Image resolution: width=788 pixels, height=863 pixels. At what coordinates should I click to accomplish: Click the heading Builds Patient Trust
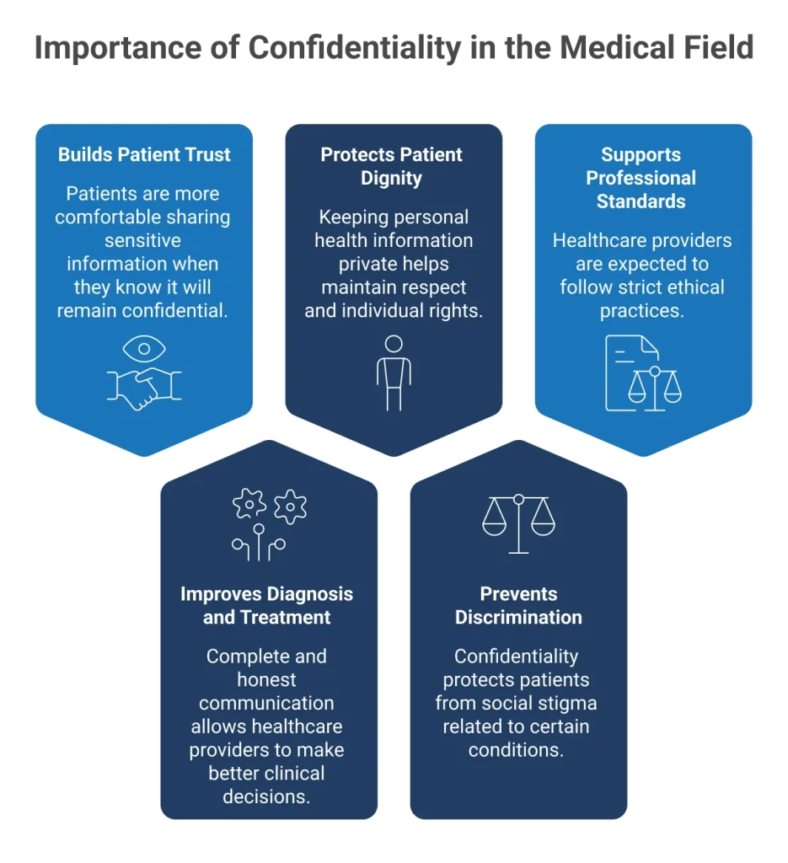click(x=144, y=155)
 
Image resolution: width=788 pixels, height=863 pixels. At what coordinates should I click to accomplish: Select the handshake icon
click(x=144, y=387)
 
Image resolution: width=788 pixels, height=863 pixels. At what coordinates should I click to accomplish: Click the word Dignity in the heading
click(x=391, y=179)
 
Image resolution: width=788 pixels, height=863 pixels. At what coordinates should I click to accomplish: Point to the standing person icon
click(x=394, y=372)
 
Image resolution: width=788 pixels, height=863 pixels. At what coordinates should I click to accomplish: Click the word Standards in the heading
click(x=641, y=201)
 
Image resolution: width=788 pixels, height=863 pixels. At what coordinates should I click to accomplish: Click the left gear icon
click(x=249, y=505)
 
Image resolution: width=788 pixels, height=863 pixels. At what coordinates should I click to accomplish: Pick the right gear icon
click(x=290, y=507)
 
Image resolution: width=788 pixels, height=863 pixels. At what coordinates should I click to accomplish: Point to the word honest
click(x=266, y=680)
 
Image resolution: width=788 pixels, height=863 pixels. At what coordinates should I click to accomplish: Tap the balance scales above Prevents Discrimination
click(x=518, y=523)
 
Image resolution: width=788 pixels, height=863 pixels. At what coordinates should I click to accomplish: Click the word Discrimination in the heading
click(x=518, y=618)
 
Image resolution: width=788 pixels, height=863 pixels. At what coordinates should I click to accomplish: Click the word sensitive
click(x=144, y=241)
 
